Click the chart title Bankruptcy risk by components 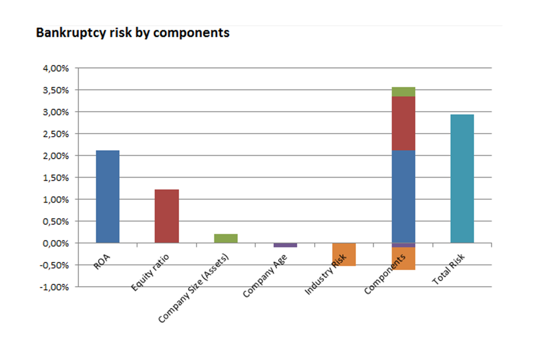point(133,33)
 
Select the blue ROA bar point(107,196)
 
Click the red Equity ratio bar point(166,216)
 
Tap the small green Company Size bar point(226,238)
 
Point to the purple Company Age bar point(285,245)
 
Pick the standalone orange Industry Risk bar point(344,254)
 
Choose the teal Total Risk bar point(462,178)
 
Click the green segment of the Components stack point(403,92)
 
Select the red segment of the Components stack point(403,123)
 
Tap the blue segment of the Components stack point(403,196)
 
